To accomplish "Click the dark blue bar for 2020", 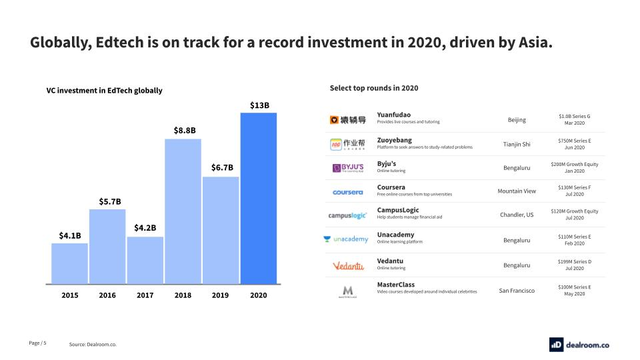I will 259,198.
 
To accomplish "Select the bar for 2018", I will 183,211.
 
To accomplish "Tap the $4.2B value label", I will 145,228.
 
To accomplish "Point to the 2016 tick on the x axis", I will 107,295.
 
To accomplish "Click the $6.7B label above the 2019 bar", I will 221,167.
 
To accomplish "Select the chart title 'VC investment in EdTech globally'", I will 104,91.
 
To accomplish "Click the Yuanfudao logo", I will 348,120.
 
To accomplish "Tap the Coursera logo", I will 348,192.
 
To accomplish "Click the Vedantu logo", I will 348,266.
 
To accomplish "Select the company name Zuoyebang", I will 395,140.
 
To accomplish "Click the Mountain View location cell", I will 517,191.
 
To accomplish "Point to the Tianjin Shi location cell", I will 517,144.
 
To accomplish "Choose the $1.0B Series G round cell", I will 574,120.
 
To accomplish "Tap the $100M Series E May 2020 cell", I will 574,290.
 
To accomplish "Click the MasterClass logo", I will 347,291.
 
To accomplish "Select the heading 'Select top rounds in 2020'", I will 373,88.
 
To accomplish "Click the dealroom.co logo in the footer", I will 579,344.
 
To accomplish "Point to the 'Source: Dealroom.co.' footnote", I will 97,344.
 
